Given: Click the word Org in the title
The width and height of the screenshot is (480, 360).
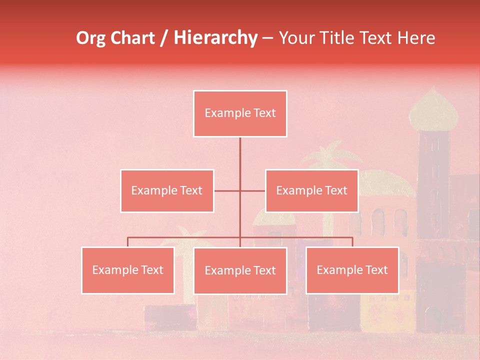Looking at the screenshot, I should [90, 38].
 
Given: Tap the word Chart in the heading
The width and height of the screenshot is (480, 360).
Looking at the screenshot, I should [130, 38].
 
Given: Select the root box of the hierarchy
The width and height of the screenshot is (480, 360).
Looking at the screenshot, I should [240, 113].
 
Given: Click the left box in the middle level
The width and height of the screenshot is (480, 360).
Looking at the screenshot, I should [167, 190].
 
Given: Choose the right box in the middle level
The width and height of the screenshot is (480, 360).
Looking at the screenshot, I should [311, 190].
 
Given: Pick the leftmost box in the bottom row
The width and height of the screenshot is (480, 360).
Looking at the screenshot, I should [128, 270].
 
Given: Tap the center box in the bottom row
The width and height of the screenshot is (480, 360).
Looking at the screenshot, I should [240, 270].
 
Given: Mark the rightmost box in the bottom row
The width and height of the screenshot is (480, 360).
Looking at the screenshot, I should [352, 270].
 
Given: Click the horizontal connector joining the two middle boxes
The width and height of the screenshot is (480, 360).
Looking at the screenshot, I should [239, 190].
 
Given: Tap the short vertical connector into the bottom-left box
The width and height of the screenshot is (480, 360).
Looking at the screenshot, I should [128, 242].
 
